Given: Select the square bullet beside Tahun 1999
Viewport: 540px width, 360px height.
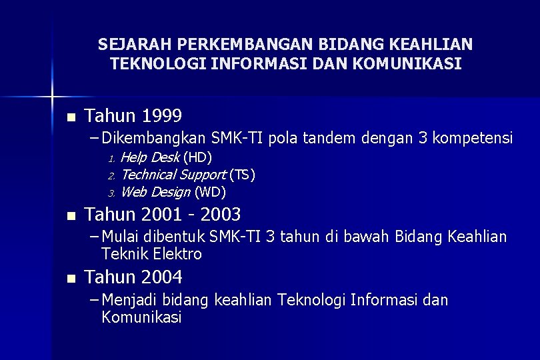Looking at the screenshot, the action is point(71,117).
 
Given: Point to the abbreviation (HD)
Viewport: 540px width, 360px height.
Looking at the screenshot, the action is point(197,157).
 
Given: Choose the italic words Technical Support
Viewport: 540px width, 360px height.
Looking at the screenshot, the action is point(174,175).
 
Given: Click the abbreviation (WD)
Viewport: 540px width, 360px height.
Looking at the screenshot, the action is point(210,192).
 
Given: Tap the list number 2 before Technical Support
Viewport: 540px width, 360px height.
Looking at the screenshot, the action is point(111,177).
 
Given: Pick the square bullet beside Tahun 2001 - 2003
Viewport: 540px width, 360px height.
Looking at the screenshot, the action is point(71,217).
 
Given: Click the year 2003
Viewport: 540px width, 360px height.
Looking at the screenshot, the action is point(221,214).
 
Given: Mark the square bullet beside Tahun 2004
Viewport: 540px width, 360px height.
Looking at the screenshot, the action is point(71,279).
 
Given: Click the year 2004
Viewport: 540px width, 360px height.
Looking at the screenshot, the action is point(162,277).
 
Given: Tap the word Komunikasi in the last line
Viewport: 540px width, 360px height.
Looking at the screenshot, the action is point(141,317).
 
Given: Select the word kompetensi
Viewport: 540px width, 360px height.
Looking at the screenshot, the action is point(473,138).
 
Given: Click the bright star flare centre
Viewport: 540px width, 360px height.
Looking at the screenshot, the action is point(52,97).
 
